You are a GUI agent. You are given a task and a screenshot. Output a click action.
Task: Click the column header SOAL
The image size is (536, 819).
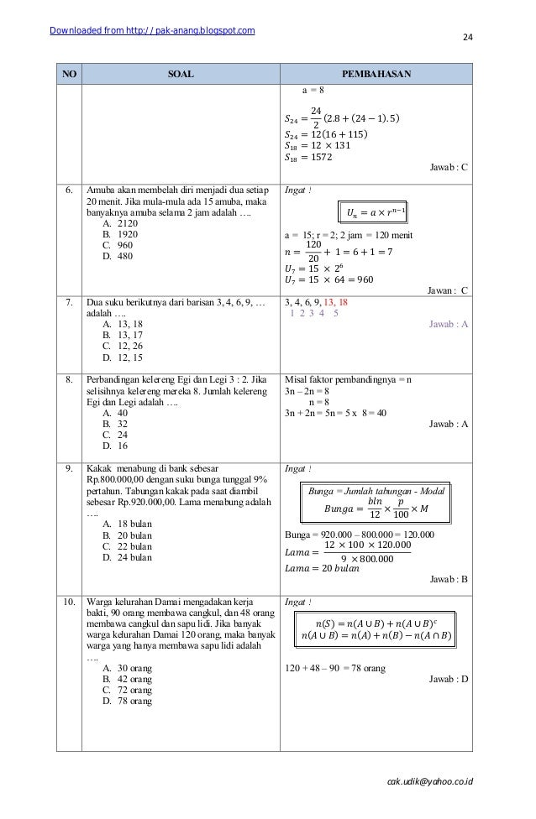pyautogui.click(x=180, y=74)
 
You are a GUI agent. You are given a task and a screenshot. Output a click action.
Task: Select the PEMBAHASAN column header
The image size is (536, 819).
pyautogui.click(x=376, y=74)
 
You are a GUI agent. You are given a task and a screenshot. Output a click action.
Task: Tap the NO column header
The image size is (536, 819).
pyautogui.click(x=69, y=74)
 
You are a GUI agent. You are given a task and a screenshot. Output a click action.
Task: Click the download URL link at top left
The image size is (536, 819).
pyautogui.click(x=152, y=32)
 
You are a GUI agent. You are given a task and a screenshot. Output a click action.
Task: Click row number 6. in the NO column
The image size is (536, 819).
pyautogui.click(x=69, y=191)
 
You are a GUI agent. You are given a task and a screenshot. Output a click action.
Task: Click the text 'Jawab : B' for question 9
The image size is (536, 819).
pyautogui.click(x=449, y=579)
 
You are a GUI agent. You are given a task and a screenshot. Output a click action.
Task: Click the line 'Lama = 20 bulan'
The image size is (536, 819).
pyautogui.click(x=323, y=567)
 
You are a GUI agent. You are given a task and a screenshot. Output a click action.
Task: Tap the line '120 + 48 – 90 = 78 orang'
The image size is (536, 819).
pyautogui.click(x=336, y=668)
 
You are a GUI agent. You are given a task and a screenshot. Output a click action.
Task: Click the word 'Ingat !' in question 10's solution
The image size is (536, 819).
pyautogui.click(x=298, y=602)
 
